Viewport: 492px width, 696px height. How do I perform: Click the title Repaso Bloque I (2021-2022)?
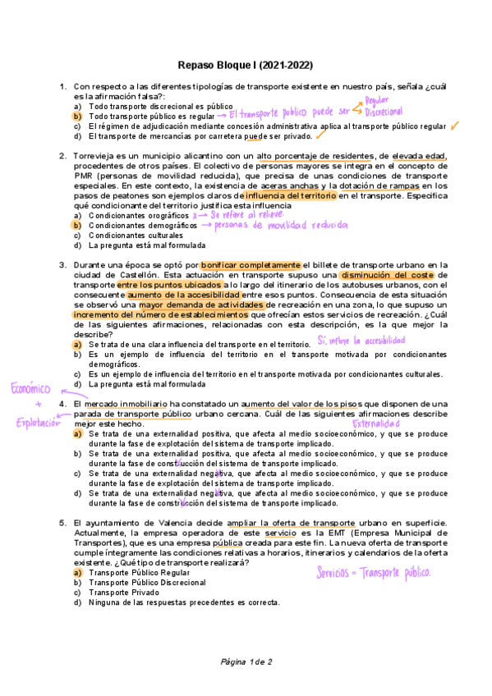pos(246,65)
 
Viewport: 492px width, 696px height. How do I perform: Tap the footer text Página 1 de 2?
pos(246,662)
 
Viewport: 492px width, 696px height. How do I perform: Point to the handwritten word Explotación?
pos(39,423)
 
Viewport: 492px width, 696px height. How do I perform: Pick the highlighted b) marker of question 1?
pos(76,117)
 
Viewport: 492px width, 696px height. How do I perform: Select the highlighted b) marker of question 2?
pos(76,225)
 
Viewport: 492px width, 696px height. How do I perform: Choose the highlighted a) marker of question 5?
pos(76,572)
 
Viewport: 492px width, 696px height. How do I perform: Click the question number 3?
pos(62,264)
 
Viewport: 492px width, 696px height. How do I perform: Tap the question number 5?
pos(62,523)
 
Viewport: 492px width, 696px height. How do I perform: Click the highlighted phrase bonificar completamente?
pos(251,264)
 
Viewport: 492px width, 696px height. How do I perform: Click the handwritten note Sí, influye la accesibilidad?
pos(361,339)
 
